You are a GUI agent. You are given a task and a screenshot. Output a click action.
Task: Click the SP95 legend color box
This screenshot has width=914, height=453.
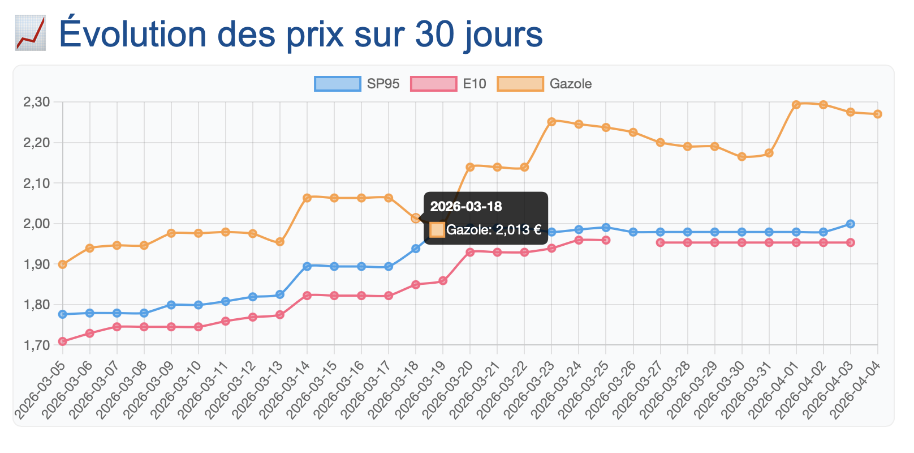pyautogui.click(x=338, y=84)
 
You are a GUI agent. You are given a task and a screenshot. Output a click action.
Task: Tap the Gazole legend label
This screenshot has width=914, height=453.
pyautogui.click(x=570, y=84)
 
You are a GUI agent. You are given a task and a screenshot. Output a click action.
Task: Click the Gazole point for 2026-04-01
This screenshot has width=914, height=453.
pyautogui.click(x=796, y=105)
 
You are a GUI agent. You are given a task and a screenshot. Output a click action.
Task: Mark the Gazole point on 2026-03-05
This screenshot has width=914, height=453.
pyautogui.click(x=63, y=264)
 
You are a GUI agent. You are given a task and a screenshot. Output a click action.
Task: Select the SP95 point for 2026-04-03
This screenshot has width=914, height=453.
pyautogui.click(x=851, y=224)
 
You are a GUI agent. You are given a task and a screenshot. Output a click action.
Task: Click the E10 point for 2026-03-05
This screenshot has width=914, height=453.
pyautogui.click(x=63, y=341)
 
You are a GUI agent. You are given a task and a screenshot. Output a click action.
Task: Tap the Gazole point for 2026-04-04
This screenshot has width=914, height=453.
pyautogui.click(x=878, y=114)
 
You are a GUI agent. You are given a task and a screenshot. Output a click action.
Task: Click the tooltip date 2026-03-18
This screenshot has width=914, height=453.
pyautogui.click(x=466, y=207)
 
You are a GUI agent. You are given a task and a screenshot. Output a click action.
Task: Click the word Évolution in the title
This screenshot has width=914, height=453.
pyautogui.click(x=133, y=34)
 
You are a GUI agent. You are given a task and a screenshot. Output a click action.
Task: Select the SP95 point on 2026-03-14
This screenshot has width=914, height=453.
pyautogui.click(x=307, y=266)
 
